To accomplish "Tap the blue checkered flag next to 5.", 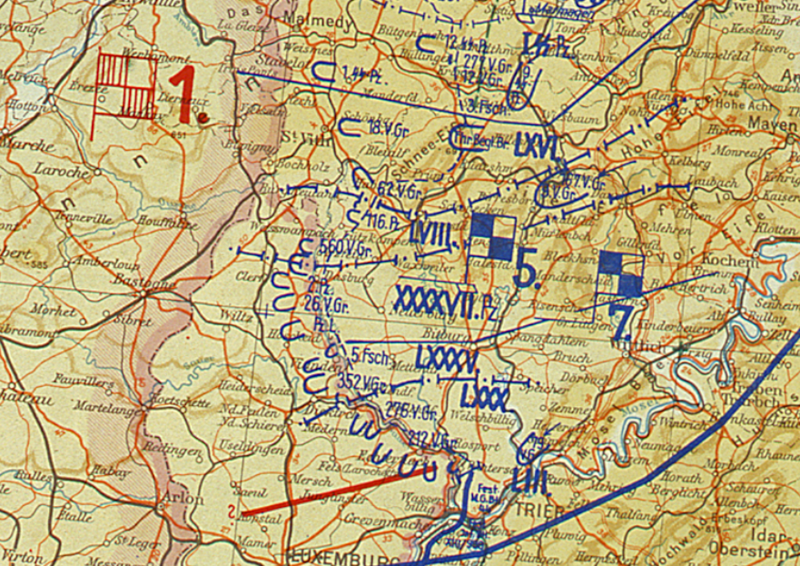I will tap(492, 237).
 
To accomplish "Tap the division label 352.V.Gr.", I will tap(360, 380).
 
